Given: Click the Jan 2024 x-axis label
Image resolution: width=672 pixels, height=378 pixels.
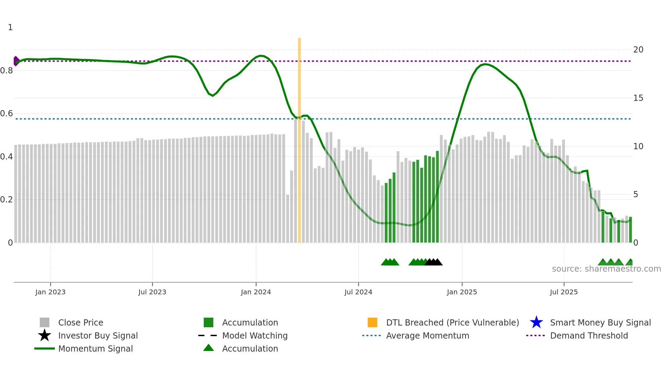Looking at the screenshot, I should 256,292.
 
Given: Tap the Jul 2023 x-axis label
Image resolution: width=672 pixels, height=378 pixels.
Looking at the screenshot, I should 152,292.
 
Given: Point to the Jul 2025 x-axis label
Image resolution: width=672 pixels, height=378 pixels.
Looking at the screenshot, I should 564,292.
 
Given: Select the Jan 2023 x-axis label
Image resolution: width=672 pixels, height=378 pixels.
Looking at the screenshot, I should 50,292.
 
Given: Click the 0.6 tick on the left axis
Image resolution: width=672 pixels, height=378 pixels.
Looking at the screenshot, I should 7,114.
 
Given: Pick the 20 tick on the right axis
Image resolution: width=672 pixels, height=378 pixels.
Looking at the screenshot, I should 638,50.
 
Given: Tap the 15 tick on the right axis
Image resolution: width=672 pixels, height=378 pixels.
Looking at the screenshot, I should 638,98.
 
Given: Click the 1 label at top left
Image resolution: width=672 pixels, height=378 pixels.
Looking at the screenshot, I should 10,27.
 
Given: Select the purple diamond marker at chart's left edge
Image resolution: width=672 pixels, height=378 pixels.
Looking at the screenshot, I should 16,61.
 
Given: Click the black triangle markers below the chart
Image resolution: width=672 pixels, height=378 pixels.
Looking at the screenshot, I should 433,262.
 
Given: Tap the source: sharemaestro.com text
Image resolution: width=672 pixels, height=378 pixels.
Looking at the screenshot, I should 606,269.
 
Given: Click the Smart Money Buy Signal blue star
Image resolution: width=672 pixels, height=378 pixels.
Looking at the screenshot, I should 536,322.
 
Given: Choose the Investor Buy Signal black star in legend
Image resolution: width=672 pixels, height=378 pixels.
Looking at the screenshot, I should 45,335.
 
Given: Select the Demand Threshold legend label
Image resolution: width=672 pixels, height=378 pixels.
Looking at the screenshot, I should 589,335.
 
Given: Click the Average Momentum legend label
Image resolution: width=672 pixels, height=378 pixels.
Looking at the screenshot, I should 427,335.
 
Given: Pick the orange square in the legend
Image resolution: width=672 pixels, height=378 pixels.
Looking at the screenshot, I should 372,322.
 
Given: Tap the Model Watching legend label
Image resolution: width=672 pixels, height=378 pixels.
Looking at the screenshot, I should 255,335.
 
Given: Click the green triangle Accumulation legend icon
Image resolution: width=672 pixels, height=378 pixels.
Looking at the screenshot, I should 208,348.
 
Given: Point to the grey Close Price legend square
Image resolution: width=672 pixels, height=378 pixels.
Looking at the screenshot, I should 45,322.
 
